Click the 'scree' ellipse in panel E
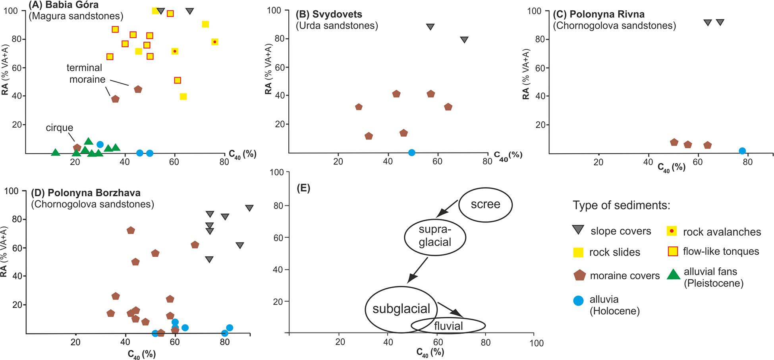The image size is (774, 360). coord(485,204)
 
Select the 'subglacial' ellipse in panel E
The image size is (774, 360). coord(401,309)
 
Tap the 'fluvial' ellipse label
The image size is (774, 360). coord(448,326)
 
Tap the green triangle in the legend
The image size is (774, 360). coord(673,274)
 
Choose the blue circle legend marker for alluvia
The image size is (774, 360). coord(578,300)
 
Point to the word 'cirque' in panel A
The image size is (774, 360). coord(59,128)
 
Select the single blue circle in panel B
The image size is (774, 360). coord(412,153)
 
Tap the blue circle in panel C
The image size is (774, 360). coord(742,151)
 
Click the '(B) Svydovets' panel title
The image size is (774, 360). coord(329,14)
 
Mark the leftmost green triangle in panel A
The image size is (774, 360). coord(56,152)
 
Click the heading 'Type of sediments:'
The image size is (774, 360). coord(621,205)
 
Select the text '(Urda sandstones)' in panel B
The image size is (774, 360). coord(337,26)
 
